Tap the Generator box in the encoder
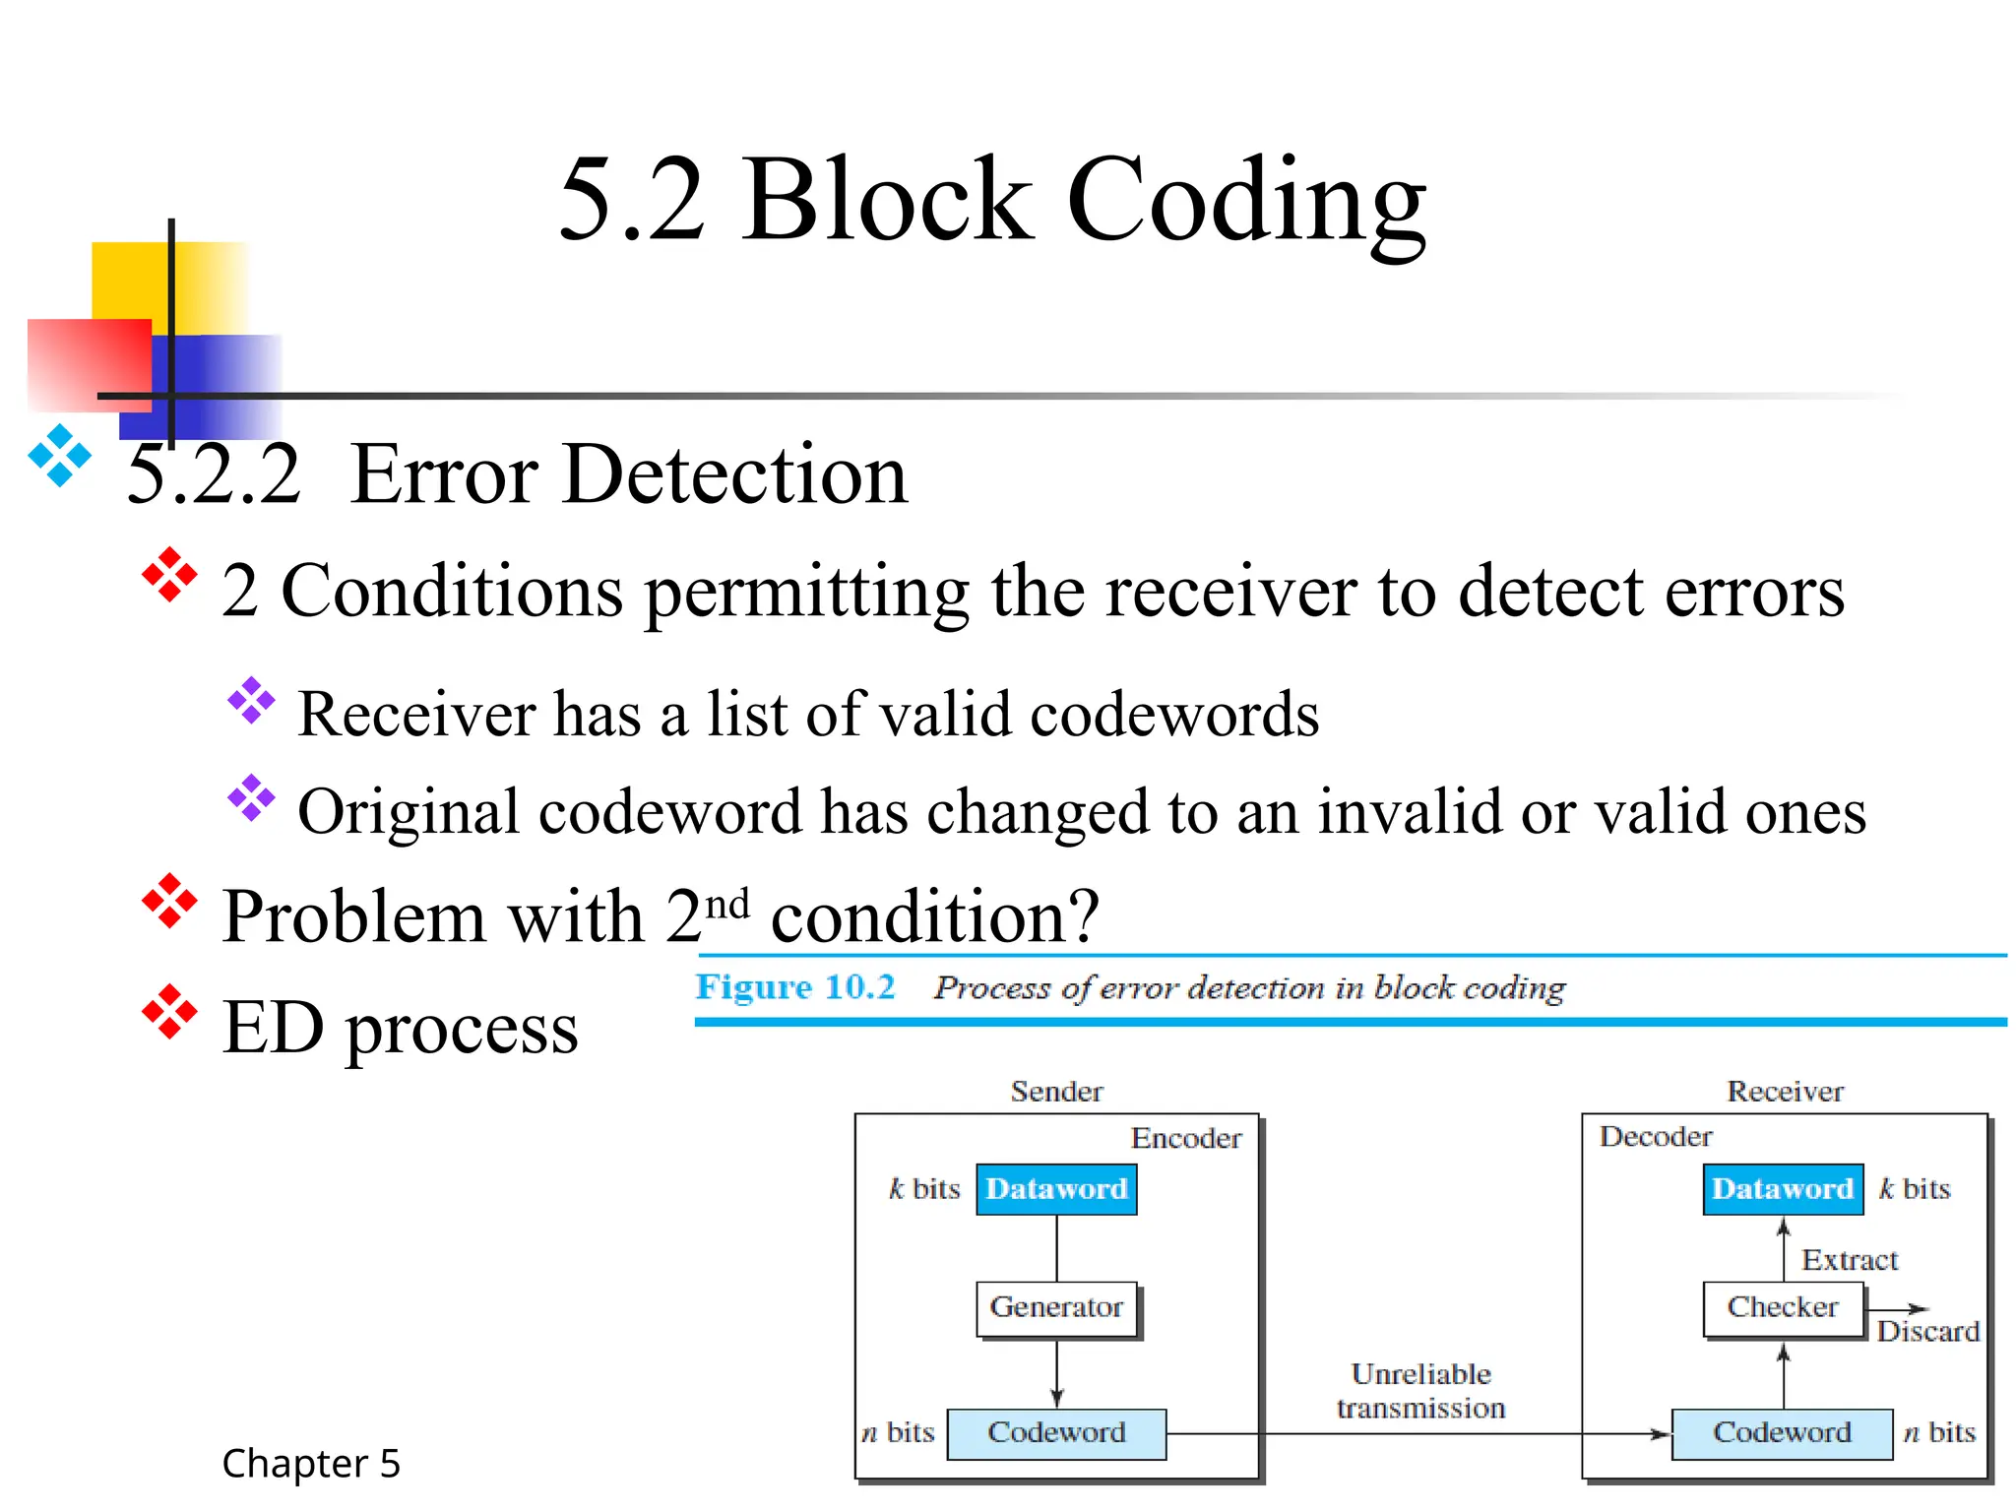[1056, 1307]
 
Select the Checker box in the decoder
[1782, 1307]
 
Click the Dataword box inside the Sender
[1056, 1189]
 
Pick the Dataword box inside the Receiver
[1782, 1189]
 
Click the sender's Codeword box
[1056, 1433]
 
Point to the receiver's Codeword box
[1782, 1433]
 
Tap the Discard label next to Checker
[1926, 1332]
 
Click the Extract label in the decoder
[1849, 1260]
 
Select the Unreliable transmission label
[1420, 1391]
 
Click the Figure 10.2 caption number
[795, 987]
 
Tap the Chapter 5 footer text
[311, 1464]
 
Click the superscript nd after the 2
[728, 903]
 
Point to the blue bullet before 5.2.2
[60, 456]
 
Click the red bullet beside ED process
[169, 1012]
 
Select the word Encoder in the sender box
[1185, 1139]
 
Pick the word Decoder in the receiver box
[1656, 1137]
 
